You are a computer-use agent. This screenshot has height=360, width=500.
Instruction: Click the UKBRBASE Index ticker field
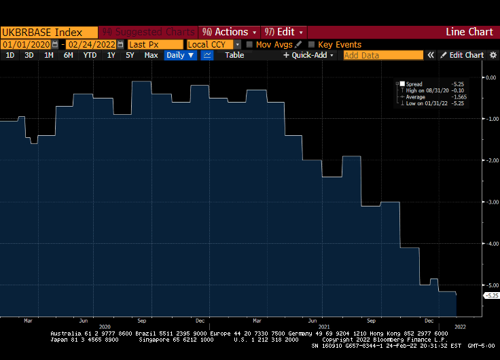coord(48,32)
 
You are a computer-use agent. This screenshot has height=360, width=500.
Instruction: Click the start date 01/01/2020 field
coord(27,44)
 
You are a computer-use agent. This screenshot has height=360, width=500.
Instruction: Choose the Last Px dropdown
coord(155,44)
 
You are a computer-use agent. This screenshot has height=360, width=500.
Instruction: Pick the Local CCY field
coord(210,44)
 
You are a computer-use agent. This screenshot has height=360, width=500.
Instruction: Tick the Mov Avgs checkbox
coord(249,44)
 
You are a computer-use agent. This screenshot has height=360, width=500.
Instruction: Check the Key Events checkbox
coord(312,44)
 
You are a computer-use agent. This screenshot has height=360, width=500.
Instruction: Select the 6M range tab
coord(68,55)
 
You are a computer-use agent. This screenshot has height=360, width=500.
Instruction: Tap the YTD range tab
coord(89,55)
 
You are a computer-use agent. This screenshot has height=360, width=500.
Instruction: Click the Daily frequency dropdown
coord(179,55)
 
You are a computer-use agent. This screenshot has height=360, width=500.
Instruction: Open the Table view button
coord(234,55)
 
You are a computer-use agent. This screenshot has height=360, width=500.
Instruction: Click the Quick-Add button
coord(309,55)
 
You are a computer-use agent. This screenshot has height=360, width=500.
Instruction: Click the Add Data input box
coord(383,55)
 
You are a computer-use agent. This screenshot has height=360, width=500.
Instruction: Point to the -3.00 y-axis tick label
coord(489,202)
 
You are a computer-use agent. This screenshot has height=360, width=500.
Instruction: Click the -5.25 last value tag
coord(490,295)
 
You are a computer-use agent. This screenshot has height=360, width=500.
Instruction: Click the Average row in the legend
coord(416,97)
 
